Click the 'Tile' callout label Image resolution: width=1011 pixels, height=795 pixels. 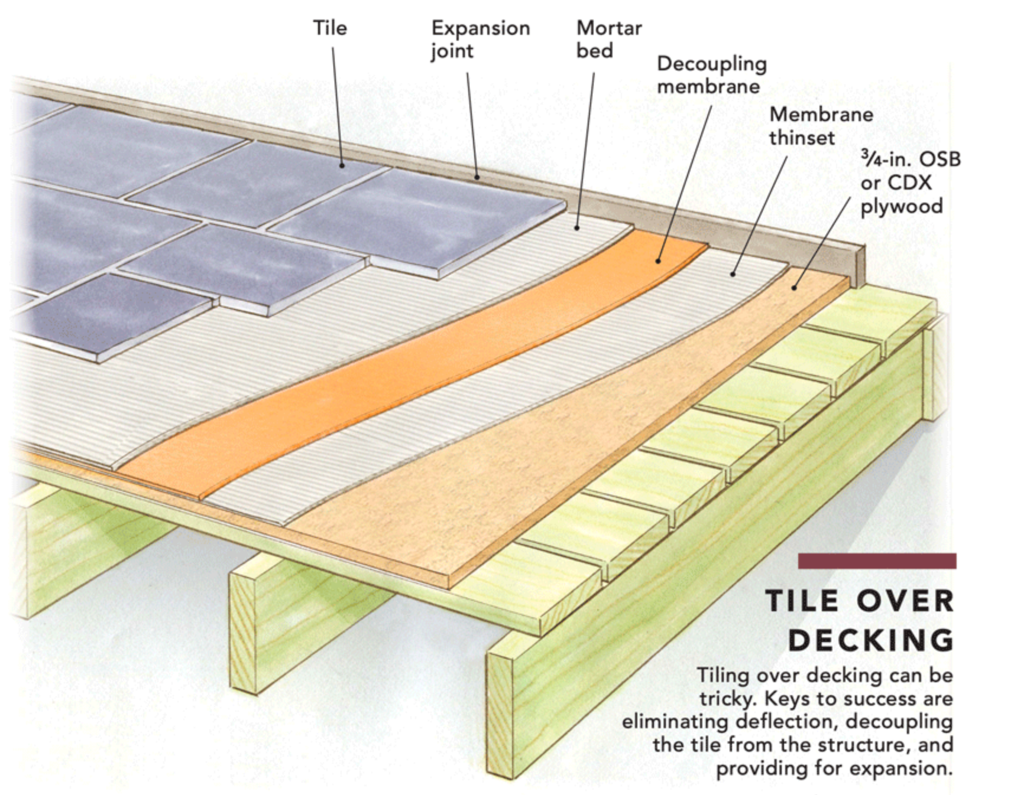(330, 28)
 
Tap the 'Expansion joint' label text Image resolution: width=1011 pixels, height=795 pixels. (480, 39)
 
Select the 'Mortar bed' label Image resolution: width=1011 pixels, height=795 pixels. (609, 39)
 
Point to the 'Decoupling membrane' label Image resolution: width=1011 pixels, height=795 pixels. (712, 75)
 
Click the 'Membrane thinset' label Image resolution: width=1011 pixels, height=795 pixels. (821, 126)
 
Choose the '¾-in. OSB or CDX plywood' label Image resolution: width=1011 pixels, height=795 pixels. (910, 183)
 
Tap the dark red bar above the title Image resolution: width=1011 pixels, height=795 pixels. (877, 561)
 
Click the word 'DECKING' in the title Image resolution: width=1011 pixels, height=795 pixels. (871, 640)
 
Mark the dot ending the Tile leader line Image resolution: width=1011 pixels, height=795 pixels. (342, 165)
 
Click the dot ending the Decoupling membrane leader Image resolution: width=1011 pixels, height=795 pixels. (657, 260)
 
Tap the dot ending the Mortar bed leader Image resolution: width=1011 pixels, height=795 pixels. (577, 227)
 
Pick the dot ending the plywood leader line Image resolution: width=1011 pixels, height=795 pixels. (794, 288)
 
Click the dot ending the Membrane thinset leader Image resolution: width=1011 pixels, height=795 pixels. (733, 273)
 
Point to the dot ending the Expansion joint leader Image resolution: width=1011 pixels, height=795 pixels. (477, 177)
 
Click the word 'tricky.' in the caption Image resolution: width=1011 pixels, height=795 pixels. (728, 699)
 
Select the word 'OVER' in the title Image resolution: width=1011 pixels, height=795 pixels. (905, 601)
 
